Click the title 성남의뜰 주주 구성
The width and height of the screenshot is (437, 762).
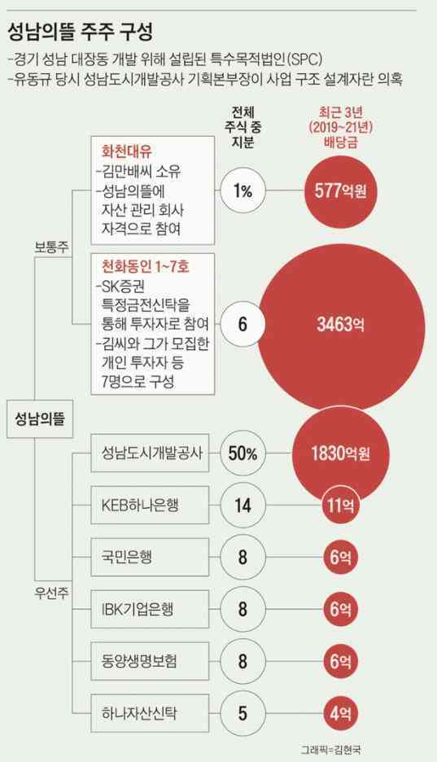80,33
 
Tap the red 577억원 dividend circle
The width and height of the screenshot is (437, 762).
342,191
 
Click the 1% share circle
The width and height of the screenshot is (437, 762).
242,191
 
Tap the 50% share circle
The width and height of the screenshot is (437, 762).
242,453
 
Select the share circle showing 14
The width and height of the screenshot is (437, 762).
242,506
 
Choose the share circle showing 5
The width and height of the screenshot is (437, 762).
242,714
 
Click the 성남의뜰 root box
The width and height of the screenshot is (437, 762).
40,419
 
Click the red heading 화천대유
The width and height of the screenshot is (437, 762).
126,151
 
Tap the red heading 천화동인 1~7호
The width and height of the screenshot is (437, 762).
144,266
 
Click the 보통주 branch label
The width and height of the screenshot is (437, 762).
51,245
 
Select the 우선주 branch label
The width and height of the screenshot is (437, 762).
51,584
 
